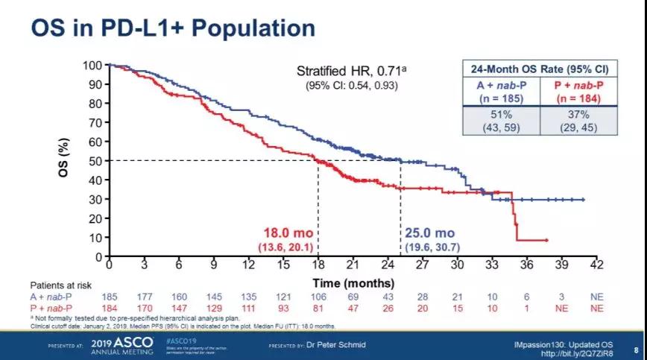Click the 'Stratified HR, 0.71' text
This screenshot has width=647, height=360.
pyautogui.click(x=350, y=72)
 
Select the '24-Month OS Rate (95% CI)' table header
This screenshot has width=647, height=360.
pyautogui.click(x=540, y=69)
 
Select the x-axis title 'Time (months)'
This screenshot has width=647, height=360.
pyautogui.click(x=353, y=284)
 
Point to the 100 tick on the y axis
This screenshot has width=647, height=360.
pyautogui.click(x=92, y=66)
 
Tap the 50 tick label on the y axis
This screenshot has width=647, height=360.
pyautogui.click(x=95, y=161)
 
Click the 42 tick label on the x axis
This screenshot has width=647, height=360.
pyautogui.click(x=596, y=265)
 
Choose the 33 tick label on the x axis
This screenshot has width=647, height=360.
pyautogui.click(x=492, y=265)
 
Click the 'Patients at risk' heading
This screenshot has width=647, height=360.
pyautogui.click(x=59, y=285)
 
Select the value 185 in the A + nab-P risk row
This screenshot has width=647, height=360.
pyautogui.click(x=109, y=297)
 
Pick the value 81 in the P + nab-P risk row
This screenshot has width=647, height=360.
pyautogui.click(x=318, y=309)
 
